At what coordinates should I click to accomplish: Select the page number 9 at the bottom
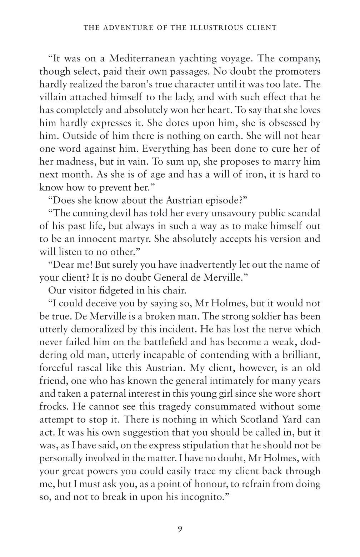(x=180, y=529)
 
